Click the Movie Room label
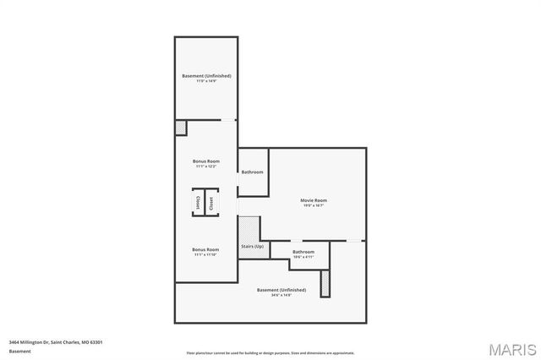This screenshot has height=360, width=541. coord(314,200)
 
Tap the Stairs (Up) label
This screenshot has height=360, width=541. coord(252,246)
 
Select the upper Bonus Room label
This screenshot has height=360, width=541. coord(206,161)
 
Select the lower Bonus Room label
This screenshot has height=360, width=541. coord(205,249)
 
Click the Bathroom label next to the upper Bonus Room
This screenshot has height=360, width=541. coord(253,172)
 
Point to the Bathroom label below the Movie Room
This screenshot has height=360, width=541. coord(303,251)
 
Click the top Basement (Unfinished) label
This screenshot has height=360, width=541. coord(206,76)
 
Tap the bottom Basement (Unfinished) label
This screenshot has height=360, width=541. coord(281,290)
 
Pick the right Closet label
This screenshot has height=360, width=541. coord(211,203)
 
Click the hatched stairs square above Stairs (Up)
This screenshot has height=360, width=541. coord(249,227)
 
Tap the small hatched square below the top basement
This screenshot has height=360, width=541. coord(181,127)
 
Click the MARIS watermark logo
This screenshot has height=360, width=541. coord(511,349)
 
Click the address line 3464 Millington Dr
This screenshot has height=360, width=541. coord(55,341)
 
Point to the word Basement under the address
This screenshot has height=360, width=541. coord(20,351)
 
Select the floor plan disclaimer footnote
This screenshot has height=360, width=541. coord(270,353)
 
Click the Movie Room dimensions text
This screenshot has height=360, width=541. coord(314,205)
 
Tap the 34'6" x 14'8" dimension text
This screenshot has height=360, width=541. coord(281,295)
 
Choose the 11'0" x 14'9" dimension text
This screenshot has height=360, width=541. coord(206,81)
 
